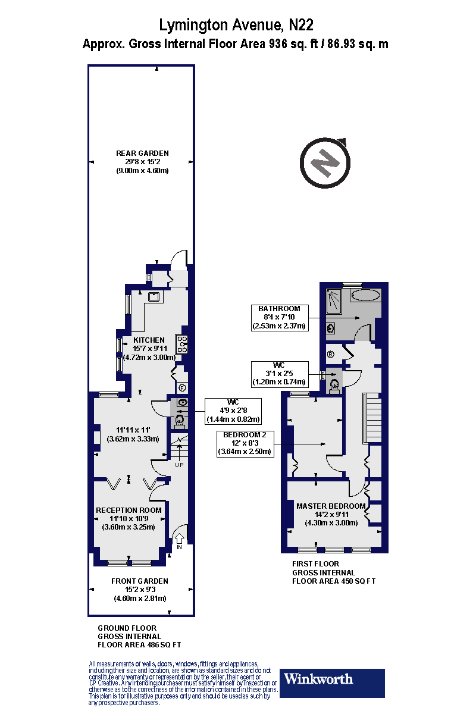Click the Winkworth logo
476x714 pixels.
[333, 683]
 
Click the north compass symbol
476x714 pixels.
[325, 162]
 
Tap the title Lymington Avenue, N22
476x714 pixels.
[236, 25]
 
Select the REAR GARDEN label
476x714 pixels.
[142, 153]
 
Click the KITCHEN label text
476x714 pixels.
[149, 340]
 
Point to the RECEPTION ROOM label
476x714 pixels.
[129, 510]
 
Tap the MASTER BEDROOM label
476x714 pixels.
[331, 506]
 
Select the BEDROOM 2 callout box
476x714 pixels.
[245, 443]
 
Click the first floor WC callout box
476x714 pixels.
[279, 373]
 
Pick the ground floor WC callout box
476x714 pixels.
[233, 410]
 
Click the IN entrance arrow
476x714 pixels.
[179, 540]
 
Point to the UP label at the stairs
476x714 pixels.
[178, 465]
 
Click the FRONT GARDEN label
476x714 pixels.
[140, 581]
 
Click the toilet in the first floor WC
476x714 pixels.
[334, 384]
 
